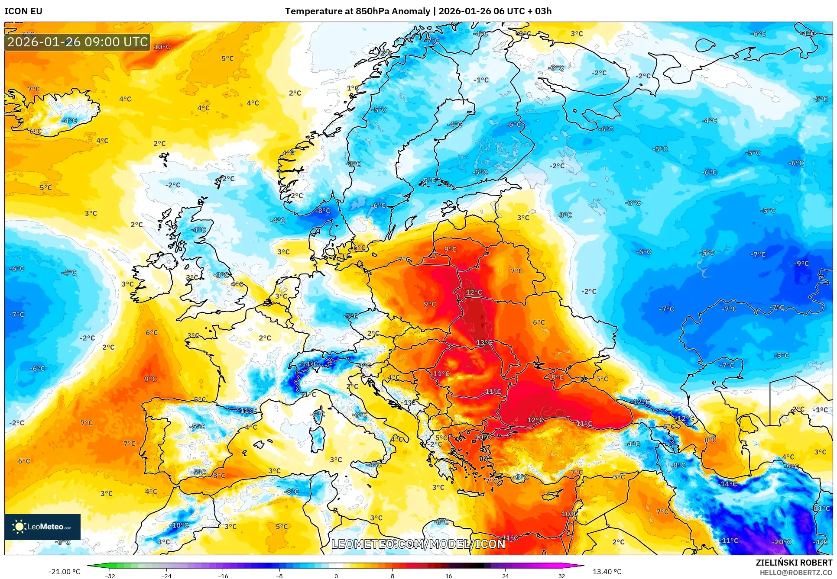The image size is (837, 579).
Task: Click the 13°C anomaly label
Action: (x=484, y=342)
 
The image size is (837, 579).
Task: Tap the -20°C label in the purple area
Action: (x=782, y=542)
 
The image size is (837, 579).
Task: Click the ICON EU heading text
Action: (x=23, y=11)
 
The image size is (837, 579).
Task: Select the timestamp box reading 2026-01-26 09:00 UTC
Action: (x=78, y=42)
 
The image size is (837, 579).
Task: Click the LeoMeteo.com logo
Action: (x=42, y=527)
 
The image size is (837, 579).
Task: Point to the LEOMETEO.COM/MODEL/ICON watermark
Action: (x=418, y=544)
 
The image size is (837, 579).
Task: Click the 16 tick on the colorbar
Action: (x=448, y=576)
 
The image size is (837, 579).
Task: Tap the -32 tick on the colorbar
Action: (x=110, y=576)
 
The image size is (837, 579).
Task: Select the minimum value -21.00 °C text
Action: (x=64, y=572)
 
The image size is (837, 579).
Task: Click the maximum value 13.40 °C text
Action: (x=607, y=572)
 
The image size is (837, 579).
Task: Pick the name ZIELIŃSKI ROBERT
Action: (x=794, y=563)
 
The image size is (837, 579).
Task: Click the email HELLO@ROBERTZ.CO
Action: (x=796, y=573)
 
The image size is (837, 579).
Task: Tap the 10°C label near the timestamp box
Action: (x=162, y=47)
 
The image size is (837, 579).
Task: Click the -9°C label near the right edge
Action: (x=801, y=263)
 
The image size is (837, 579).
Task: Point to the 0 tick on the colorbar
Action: (x=336, y=576)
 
